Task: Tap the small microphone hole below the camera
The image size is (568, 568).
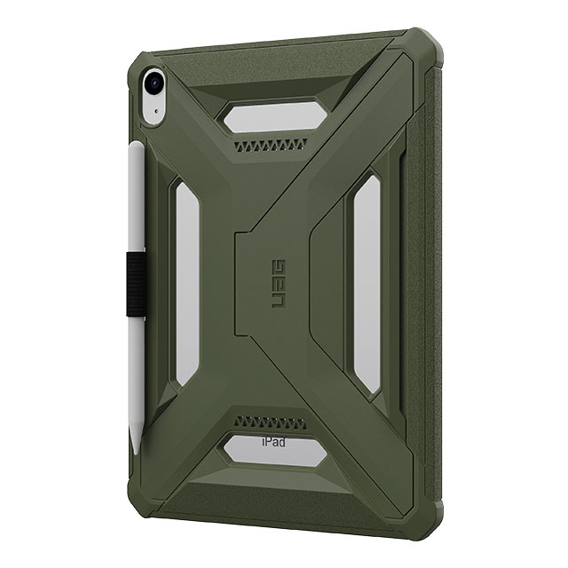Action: (156, 112)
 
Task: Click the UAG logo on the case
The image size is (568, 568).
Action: (279, 284)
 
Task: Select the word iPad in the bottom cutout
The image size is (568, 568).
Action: (273, 442)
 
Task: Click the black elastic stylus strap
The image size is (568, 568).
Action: (136, 284)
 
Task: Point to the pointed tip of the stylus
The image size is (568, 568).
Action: (136, 453)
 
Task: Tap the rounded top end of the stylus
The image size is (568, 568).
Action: (137, 144)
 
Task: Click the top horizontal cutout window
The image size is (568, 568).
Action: (274, 116)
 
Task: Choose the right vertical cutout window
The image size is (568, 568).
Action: (367, 284)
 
